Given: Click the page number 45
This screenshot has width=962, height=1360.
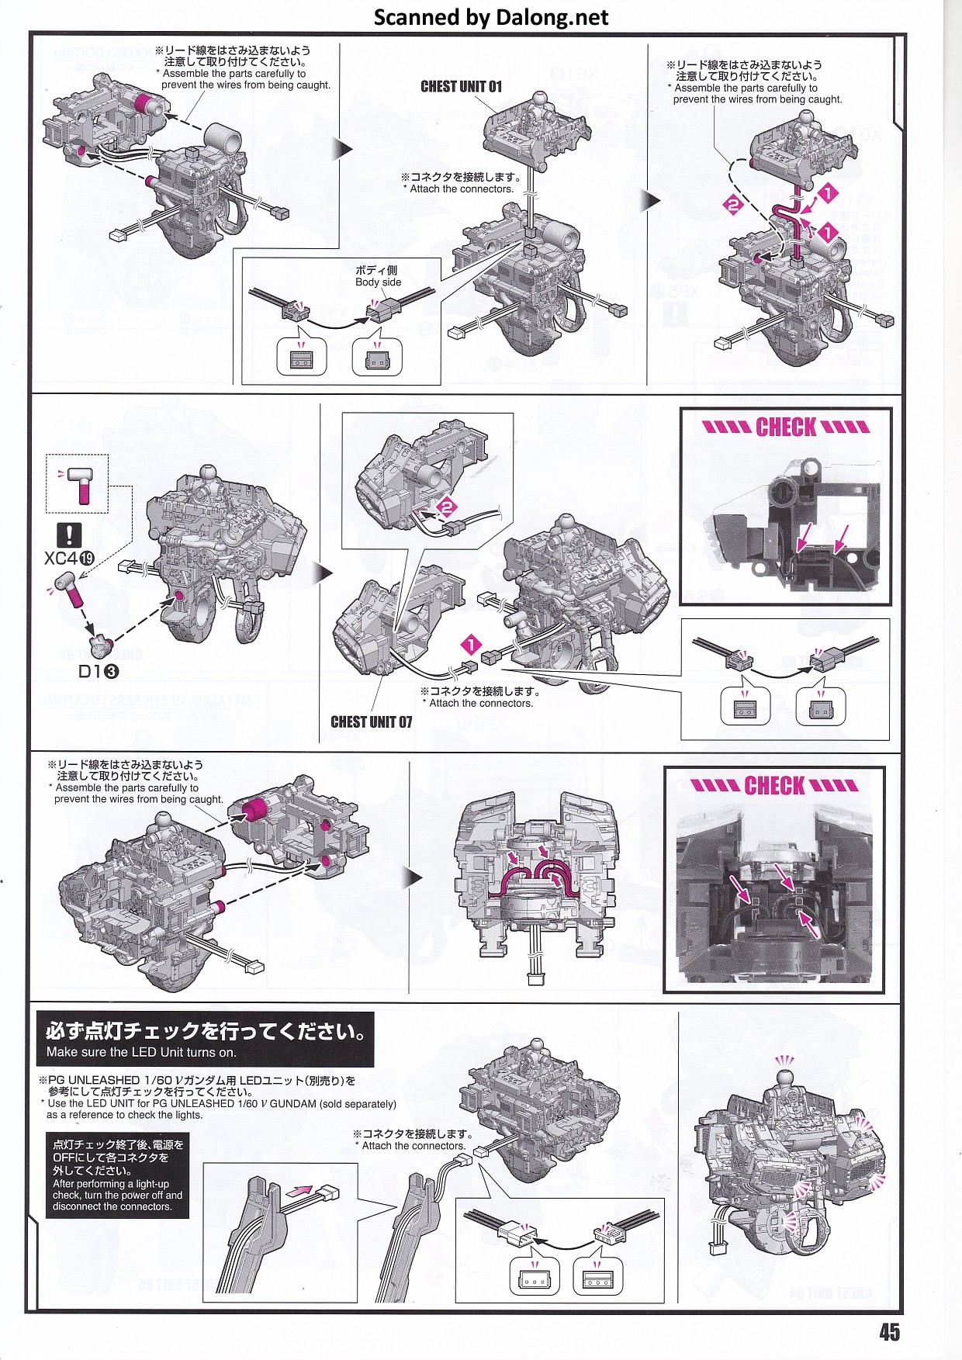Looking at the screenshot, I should [x=889, y=1331].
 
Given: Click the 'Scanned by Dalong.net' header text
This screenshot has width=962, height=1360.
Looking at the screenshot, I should [x=490, y=17].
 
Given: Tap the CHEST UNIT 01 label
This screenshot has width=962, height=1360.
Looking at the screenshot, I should [x=461, y=86].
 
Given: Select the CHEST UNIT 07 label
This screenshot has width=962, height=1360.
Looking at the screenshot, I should [x=371, y=722].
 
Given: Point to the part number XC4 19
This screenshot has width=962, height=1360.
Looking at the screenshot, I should [x=69, y=559].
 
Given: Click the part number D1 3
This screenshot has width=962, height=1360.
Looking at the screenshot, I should [x=99, y=672].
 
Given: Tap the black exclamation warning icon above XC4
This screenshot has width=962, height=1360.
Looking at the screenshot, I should [x=69, y=534].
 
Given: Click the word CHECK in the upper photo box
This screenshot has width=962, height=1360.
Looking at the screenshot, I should [x=786, y=427].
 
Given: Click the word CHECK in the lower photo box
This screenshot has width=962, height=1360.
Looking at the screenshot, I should [x=774, y=785].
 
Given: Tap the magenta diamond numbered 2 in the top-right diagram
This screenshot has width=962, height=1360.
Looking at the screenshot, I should [x=733, y=205].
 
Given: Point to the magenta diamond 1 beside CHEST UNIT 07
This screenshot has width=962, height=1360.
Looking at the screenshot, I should [x=471, y=645].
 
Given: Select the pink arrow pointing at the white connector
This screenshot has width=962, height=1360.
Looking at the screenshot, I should [x=299, y=1190].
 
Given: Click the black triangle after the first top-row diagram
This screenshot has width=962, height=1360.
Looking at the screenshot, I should [x=342, y=149].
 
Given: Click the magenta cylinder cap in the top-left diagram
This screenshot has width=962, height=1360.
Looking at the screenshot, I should [x=144, y=104].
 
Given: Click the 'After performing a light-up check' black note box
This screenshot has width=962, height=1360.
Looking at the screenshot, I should [x=117, y=1175].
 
